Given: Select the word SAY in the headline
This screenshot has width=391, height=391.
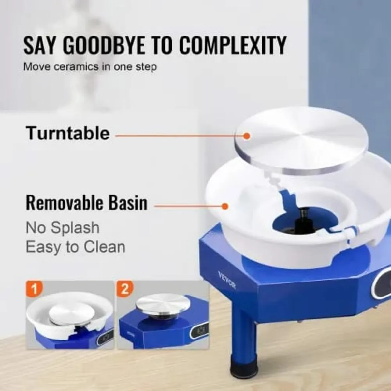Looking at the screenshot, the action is (39, 46).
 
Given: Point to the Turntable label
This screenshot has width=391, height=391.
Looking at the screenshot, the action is (68, 133).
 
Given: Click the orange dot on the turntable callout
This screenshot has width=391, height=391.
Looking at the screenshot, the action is (247, 136).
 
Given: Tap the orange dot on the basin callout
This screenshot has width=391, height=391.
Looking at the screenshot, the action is (225, 206).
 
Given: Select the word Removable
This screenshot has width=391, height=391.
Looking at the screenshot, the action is (63, 203).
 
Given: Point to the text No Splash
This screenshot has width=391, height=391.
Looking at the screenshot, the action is (63, 228).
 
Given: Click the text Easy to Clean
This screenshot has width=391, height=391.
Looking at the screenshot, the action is (76, 247).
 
